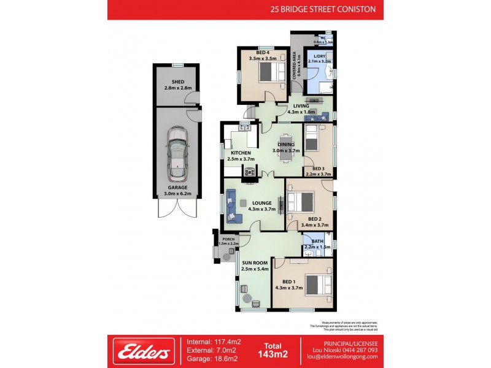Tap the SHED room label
pos(178,82)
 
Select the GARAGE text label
pos(178,187)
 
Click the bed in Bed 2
pos(300,202)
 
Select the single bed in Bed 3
pos(312,138)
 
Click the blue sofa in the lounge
pos(231,205)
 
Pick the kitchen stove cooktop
pos(250,172)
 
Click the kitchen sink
pos(244,128)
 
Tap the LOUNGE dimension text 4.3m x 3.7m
pos(261,209)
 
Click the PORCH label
pos(228,239)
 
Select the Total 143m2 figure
pos(273,351)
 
